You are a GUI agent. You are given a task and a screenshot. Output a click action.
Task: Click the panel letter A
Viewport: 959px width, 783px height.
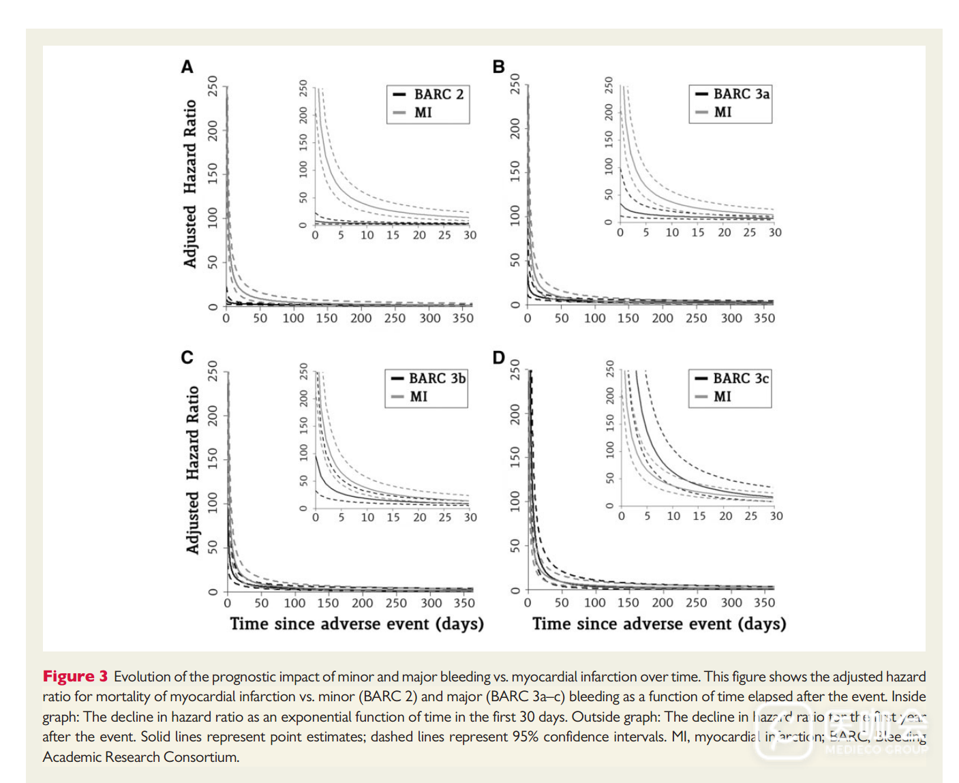[187, 67]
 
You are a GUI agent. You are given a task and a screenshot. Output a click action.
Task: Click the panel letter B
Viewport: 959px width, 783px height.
[498, 67]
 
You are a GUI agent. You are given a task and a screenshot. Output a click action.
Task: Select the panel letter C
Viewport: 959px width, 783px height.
[187, 357]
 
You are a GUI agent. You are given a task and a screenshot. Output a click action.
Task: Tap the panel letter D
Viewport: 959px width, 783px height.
[498, 358]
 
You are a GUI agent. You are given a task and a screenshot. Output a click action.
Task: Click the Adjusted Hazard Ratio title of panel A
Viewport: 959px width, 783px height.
[190, 184]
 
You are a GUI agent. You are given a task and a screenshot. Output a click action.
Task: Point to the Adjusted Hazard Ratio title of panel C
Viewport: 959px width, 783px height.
[193, 470]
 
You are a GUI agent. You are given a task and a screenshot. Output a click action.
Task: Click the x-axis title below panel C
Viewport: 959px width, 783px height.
[356, 624]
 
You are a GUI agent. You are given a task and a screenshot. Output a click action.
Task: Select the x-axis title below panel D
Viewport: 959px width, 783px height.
[659, 624]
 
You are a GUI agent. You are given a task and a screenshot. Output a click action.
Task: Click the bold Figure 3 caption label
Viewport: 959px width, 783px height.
[75, 676]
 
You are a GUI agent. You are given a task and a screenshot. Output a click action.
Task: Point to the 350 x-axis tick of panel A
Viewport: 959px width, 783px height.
[463, 318]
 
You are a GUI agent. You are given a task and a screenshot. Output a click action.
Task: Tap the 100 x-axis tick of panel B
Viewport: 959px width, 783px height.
[594, 318]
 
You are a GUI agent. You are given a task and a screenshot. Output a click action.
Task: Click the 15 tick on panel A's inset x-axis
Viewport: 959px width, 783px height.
[393, 235]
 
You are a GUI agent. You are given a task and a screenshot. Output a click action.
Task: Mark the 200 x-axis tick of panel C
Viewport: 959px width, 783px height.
[362, 603]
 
